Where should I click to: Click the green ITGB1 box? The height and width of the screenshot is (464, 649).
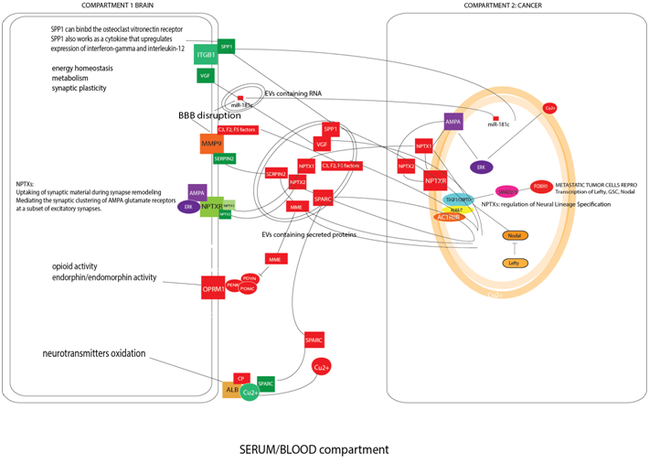point(206,56)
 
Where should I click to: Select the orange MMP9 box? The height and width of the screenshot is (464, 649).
point(212,143)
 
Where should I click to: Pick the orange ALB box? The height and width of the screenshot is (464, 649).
point(232,391)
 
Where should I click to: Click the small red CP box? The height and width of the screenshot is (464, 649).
point(241,377)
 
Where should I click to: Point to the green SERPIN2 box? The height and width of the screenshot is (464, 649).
point(225,158)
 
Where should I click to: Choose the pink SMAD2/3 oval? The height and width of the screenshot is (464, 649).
point(507,191)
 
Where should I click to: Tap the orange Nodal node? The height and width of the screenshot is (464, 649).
point(516,235)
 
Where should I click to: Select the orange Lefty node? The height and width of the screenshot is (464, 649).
point(516,263)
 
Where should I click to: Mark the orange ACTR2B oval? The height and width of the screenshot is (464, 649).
point(448,217)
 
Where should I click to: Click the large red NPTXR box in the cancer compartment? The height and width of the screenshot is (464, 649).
point(435,183)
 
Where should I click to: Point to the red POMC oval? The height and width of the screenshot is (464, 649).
point(247,288)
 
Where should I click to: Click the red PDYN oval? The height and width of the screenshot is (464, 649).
point(249,277)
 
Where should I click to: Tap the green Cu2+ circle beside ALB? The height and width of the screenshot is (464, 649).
point(250,392)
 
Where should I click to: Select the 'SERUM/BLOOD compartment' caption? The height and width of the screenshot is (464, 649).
point(314,449)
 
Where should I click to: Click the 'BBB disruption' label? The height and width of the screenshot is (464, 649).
point(209,116)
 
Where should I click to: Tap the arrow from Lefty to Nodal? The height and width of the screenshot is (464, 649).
point(516,249)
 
